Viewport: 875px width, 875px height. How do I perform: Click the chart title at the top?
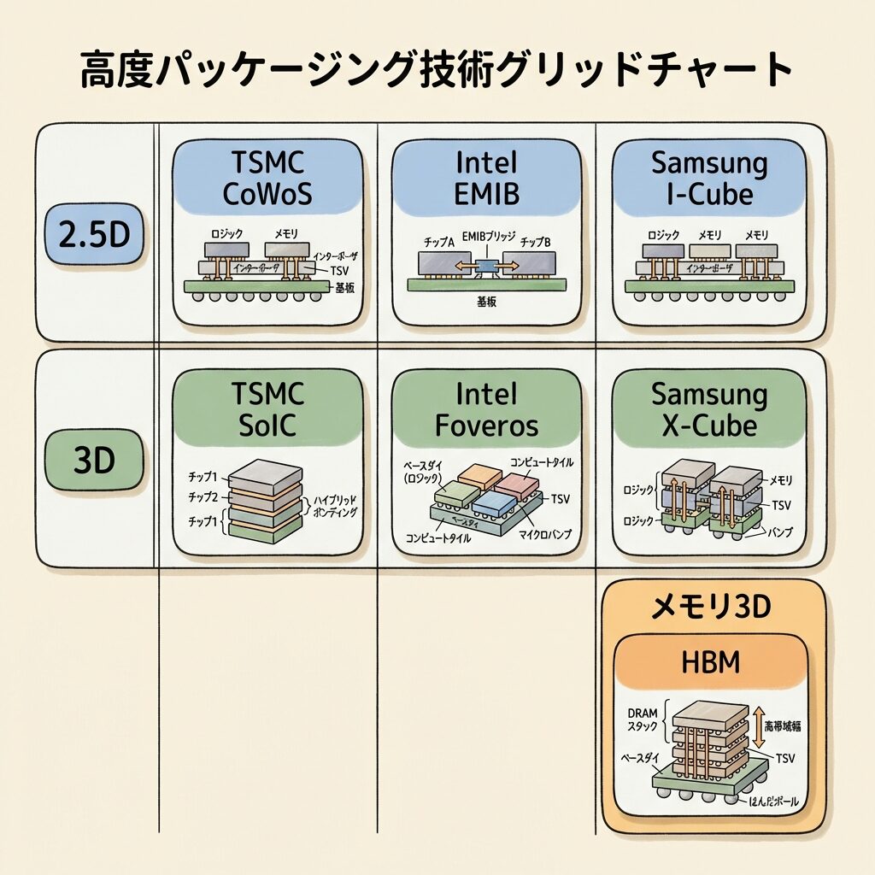(x=437, y=70)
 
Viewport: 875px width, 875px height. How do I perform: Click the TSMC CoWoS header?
(x=267, y=179)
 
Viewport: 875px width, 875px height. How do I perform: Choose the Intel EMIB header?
(x=487, y=179)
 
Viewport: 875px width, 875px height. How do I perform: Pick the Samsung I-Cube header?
(x=708, y=179)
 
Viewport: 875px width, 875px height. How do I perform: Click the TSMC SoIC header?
(x=267, y=409)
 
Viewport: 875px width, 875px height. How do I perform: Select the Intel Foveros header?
(x=487, y=409)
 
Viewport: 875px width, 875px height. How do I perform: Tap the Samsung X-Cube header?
(x=708, y=409)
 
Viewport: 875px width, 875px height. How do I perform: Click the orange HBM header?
(x=713, y=662)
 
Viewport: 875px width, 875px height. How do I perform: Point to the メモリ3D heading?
(x=713, y=607)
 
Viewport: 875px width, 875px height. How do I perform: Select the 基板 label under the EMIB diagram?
(x=486, y=302)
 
